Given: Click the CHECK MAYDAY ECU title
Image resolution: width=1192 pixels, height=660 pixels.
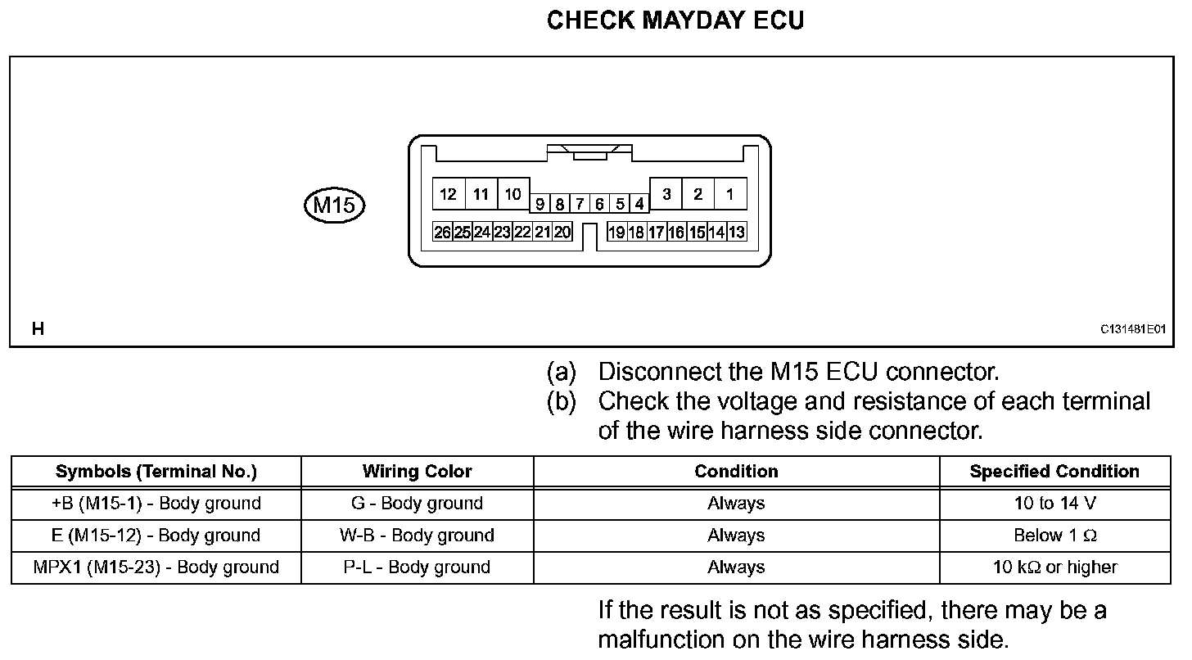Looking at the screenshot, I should [x=675, y=20].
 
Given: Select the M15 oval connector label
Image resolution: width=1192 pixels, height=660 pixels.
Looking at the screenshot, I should [x=333, y=205].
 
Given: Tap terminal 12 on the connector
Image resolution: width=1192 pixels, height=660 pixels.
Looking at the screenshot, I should [x=448, y=194].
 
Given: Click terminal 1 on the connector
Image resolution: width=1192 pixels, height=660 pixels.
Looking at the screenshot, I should [x=729, y=194].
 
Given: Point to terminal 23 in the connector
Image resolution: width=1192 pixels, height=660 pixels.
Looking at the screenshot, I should [x=502, y=233].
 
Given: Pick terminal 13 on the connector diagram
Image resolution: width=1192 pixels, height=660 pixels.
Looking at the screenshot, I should [x=736, y=233].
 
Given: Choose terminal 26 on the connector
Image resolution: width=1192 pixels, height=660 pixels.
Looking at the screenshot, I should [x=442, y=233].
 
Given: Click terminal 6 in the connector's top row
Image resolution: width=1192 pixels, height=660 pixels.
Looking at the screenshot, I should [x=599, y=204].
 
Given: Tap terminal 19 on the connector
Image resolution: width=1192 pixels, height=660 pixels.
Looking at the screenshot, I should [x=616, y=233].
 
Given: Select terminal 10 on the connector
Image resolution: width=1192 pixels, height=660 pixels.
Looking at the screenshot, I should [x=512, y=194].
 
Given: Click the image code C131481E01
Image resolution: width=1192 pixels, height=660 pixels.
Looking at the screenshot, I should [x=1132, y=329].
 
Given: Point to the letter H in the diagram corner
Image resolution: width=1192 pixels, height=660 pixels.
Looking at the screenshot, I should [x=38, y=329].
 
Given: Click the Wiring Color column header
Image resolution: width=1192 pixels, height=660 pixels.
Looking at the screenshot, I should [x=417, y=472].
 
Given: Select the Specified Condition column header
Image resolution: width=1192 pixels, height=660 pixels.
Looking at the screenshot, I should [x=1054, y=472].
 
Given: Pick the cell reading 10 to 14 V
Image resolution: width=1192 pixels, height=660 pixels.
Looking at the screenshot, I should [x=1054, y=504].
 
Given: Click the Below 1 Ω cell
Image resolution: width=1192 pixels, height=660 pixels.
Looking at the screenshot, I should [x=1054, y=536].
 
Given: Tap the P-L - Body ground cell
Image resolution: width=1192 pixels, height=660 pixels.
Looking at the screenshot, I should [x=417, y=567].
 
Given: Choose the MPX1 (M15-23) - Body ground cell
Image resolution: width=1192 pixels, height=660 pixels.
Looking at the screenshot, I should [x=156, y=567].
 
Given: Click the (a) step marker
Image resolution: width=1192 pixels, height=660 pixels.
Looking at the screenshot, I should [x=562, y=373].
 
